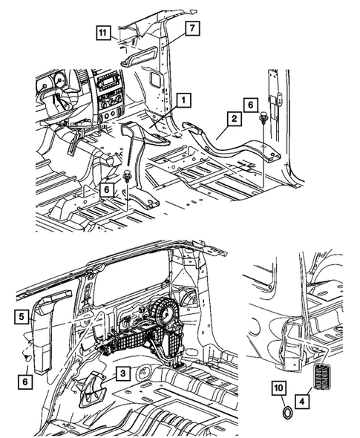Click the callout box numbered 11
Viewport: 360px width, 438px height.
coord(102,31)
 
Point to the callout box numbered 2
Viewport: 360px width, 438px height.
coord(233,119)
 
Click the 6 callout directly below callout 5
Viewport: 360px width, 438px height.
coord(24,380)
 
